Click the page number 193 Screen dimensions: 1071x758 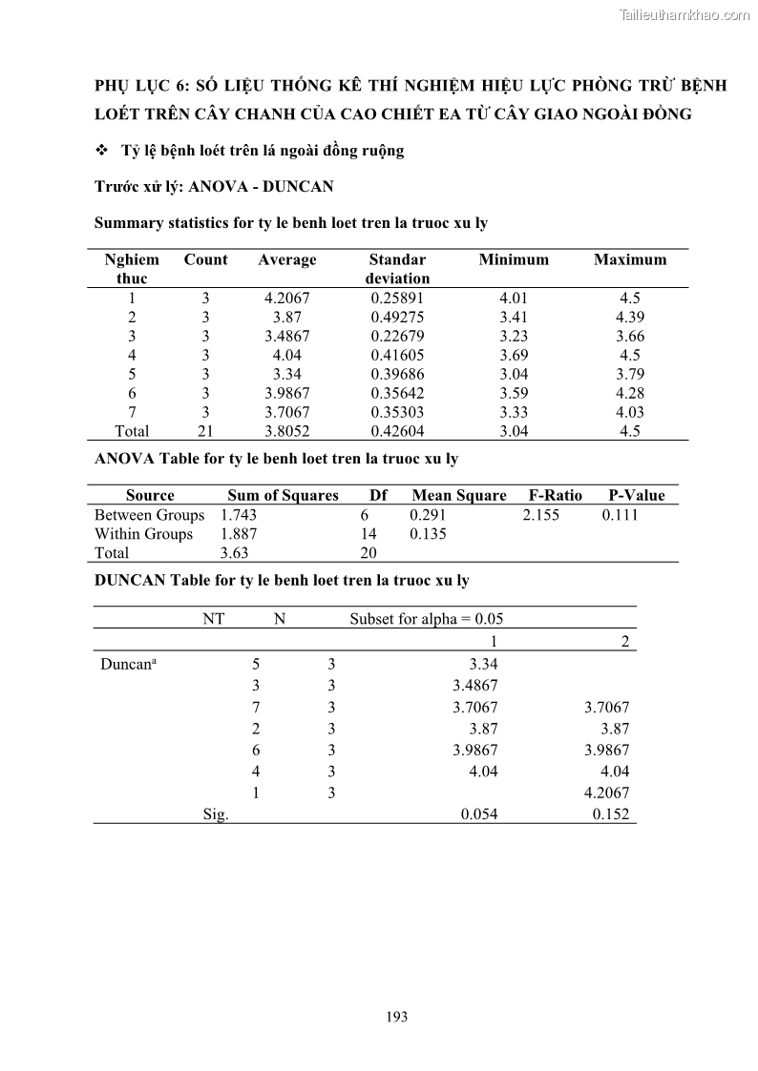click(397, 1017)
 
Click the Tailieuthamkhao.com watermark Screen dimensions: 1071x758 click(684, 14)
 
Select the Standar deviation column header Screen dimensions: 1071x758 click(397, 269)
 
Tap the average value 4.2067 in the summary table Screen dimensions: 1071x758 click(286, 298)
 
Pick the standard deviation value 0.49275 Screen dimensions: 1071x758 click(397, 317)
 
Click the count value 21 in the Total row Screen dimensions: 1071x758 click(205, 431)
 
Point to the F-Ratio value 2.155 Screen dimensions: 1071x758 click(541, 515)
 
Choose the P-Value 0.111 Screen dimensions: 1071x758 click(621, 515)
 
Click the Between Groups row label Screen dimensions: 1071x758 click(149, 515)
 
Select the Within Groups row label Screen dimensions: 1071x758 click(143, 534)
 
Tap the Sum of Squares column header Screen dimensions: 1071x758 click(283, 495)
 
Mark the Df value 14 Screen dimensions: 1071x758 click(368, 534)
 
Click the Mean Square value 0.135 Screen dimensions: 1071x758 click(428, 534)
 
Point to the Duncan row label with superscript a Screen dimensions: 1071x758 click(128, 665)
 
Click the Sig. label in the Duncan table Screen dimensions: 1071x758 click(216, 814)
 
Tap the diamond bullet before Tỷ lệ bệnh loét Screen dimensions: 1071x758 click(102, 151)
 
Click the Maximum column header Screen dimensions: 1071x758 click(630, 259)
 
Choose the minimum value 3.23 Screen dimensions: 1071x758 click(514, 336)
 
